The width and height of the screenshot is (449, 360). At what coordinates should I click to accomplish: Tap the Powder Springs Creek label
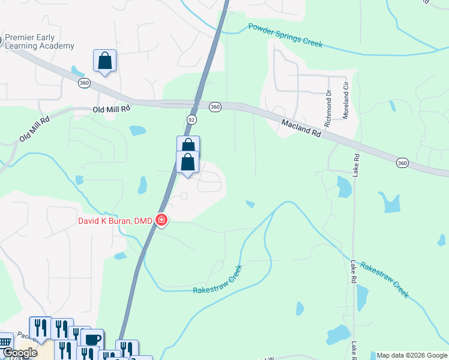pos(286,35)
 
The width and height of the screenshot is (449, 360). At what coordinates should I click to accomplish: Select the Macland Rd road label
pos(301,127)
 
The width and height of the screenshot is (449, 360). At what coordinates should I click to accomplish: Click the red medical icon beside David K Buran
pos(161,221)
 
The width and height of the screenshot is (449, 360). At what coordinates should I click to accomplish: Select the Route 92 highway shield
pos(191,119)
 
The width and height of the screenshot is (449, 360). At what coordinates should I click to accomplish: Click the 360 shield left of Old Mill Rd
pos(83,83)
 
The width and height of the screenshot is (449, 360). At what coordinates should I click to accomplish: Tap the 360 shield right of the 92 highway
pos(215,107)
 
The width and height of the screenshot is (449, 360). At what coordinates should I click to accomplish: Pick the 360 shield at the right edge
pos(403,163)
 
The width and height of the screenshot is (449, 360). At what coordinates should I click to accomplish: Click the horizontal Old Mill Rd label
pos(112,109)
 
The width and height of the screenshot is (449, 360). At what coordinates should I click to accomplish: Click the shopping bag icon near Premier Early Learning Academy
pos(104,61)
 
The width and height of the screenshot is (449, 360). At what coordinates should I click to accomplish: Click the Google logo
pos(19,353)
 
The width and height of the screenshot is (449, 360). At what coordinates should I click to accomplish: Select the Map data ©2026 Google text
pos(412,355)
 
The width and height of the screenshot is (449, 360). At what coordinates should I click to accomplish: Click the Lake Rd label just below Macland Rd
pos(356,165)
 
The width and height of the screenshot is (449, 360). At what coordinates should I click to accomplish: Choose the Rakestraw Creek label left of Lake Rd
pos(217,280)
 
